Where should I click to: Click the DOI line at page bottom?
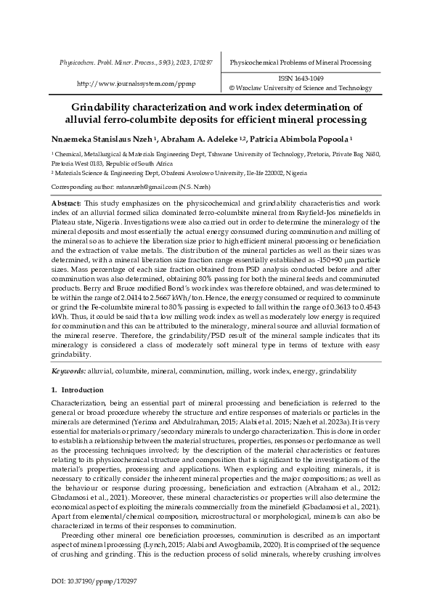94,582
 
